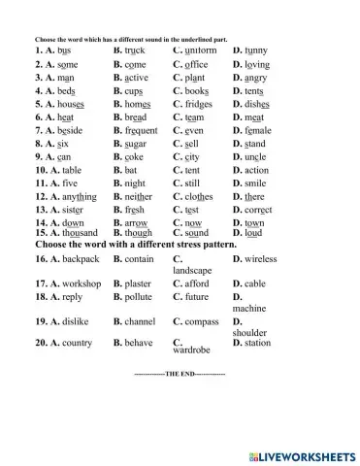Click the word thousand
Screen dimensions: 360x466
(77, 233)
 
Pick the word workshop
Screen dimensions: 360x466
(79, 283)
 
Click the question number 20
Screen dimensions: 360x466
(42, 343)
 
